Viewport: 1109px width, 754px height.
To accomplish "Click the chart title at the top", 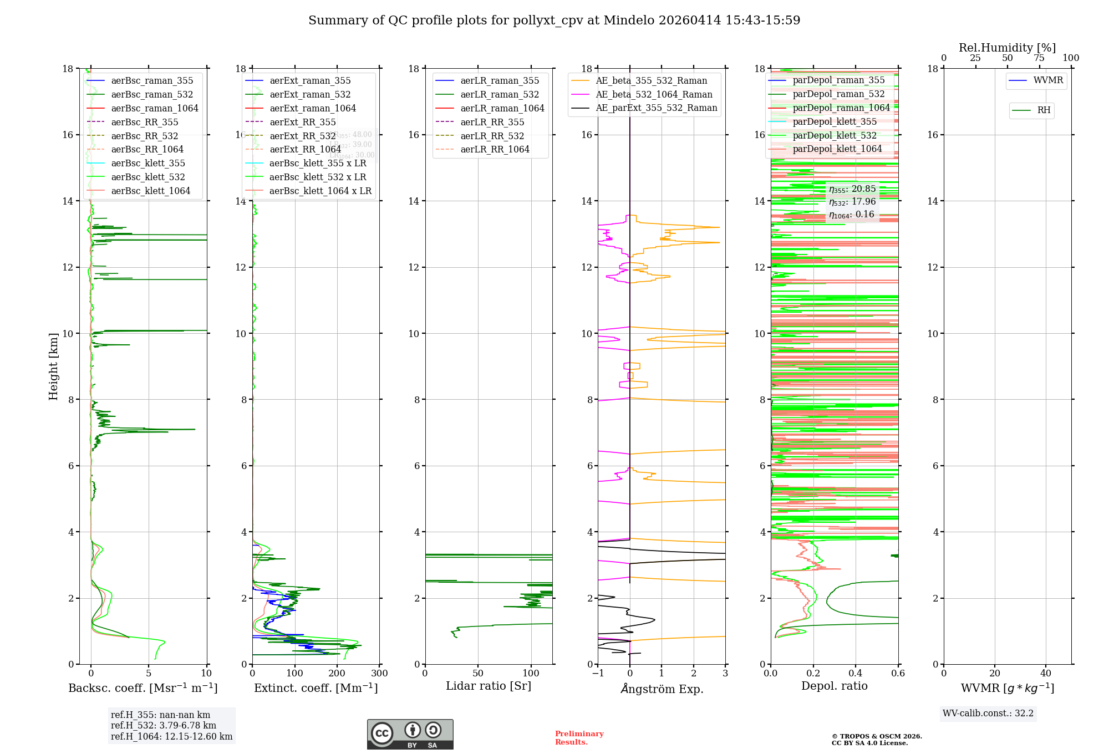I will (554, 21).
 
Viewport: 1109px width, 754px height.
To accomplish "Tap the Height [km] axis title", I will (53, 366).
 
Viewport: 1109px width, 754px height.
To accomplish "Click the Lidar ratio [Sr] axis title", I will (489, 686).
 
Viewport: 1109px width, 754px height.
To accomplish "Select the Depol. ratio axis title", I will (834, 686).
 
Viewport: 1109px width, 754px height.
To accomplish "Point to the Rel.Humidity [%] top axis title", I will (1007, 48).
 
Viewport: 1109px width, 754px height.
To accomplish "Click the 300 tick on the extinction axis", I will (380, 673).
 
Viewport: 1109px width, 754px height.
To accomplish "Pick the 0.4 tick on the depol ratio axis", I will (856, 673).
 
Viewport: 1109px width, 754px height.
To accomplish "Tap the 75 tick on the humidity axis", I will (1039, 58).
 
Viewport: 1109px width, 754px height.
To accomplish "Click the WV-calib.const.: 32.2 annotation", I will (988, 713).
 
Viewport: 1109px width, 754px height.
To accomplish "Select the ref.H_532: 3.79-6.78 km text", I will (164, 725).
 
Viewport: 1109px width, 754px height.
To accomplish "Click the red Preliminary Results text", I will (579, 737).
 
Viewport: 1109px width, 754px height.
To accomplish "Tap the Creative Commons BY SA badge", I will (410, 734).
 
